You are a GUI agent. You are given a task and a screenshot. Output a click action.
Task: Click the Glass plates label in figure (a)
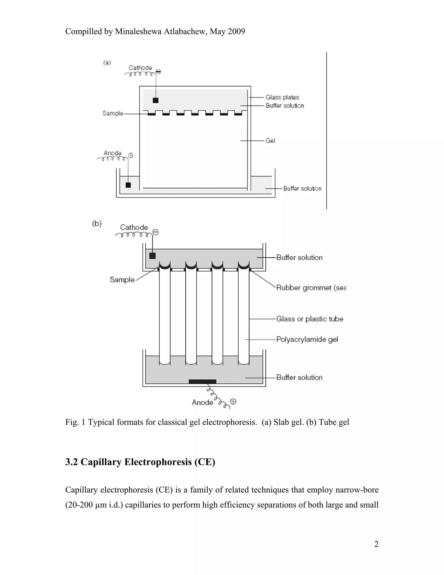click(282, 97)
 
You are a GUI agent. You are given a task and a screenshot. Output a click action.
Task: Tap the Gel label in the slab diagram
click(270, 141)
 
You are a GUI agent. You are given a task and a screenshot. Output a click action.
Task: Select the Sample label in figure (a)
click(113, 113)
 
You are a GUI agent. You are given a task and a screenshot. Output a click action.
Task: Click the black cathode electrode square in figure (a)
click(156, 100)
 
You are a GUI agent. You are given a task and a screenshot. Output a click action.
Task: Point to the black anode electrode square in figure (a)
click(128, 185)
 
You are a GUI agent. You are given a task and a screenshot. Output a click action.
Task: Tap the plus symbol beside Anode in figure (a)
click(131, 156)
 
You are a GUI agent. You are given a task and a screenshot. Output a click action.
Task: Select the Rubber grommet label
click(311, 288)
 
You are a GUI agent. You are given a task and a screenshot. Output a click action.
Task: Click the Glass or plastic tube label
click(310, 319)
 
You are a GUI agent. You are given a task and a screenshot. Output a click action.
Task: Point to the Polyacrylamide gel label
click(307, 339)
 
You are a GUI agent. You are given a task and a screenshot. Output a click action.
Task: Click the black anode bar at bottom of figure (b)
click(202, 381)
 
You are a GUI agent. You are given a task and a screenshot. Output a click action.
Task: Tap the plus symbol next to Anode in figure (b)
click(233, 401)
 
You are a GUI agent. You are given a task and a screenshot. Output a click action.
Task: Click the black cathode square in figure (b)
click(152, 256)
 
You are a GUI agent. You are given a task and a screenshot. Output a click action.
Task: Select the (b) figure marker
click(97, 223)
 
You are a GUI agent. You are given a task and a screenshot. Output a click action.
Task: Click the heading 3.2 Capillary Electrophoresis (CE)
click(140, 462)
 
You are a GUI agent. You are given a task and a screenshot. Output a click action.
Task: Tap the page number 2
click(376, 544)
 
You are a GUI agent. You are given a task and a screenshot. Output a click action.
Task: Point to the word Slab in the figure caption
click(280, 422)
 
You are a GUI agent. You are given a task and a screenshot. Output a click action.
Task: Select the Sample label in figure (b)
click(122, 280)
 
